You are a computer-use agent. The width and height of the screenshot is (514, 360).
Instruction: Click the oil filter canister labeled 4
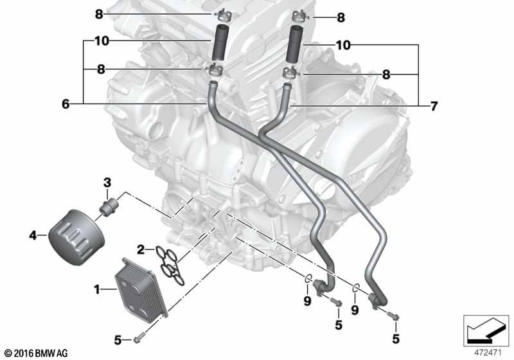pyautogui.click(x=76, y=237)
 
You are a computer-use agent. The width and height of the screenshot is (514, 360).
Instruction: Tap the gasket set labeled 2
pyautogui.click(x=170, y=266)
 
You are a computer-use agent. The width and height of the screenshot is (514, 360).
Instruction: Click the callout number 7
pyautogui.click(x=434, y=106)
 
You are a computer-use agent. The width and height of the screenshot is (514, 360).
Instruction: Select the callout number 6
pyautogui.click(x=66, y=104)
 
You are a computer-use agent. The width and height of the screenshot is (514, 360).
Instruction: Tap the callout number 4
pyautogui.click(x=33, y=235)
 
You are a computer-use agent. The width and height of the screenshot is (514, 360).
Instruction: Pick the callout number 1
pyautogui.click(x=97, y=289)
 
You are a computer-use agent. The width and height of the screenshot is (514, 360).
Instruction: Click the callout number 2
pyautogui.click(x=141, y=250)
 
